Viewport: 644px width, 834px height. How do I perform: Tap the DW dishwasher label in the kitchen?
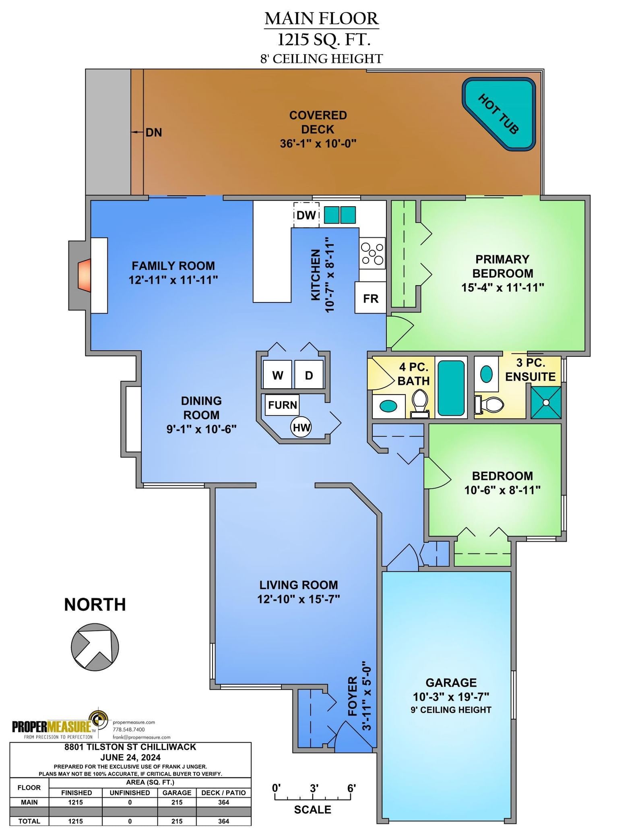pos(306,215)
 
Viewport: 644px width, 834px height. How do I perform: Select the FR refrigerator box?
pos(370,298)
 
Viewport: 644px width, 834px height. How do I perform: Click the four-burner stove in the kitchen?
pos(372,253)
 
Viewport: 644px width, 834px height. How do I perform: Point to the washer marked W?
pos(277,375)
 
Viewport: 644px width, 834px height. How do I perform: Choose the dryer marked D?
pos(309,375)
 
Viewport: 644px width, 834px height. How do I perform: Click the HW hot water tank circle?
pos(301,427)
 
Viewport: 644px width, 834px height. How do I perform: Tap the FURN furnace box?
pos(282,405)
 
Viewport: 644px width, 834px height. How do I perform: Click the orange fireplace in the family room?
pos(85,275)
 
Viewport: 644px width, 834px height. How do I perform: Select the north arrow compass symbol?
pos(95,647)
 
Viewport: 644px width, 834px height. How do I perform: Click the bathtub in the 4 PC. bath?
pos(451,388)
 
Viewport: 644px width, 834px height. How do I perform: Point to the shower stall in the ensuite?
pos(546,402)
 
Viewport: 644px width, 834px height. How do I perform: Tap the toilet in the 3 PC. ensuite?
pos(489,405)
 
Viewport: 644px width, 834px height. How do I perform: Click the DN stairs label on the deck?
pos(153,132)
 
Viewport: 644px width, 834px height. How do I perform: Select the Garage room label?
pos(451,682)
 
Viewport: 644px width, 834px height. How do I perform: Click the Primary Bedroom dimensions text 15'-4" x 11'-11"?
pos(502,288)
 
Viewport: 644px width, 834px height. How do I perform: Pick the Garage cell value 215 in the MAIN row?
pos(177,802)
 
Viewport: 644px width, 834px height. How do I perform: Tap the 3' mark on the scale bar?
pos(314,788)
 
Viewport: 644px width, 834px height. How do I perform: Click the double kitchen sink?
pos(340,215)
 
